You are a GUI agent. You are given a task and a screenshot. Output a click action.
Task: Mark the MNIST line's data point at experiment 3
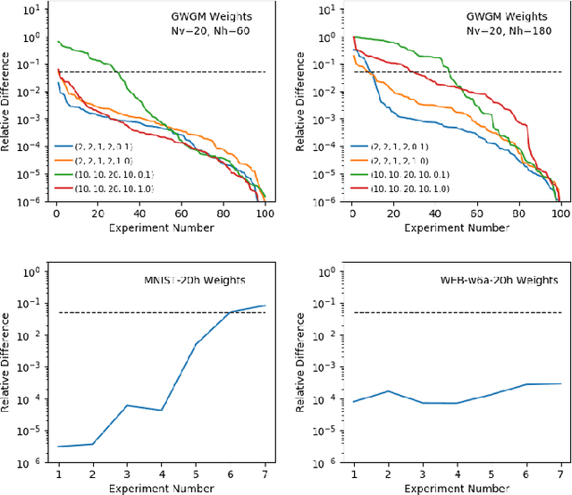[127, 406]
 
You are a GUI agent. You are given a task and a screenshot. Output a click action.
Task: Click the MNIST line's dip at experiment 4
[162, 411]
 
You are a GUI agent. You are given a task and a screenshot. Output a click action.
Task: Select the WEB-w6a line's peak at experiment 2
[387, 391]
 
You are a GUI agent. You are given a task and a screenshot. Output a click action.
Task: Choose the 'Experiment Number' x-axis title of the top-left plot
[162, 229]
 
